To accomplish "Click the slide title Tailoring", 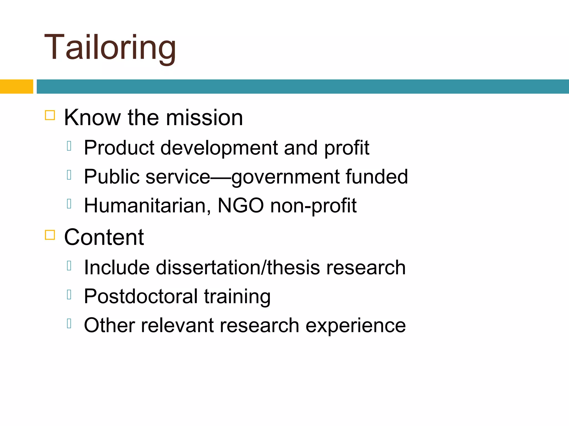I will click(x=110, y=47).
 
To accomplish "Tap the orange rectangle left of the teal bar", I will click(x=16, y=86).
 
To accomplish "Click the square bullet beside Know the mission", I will click(x=50, y=115).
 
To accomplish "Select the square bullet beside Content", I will click(x=50, y=235).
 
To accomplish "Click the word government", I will click(x=285, y=177).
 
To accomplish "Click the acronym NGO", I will click(x=241, y=206).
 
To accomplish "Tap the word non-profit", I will click(x=313, y=206).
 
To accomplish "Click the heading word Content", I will click(x=104, y=237).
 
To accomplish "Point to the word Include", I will click(x=117, y=267).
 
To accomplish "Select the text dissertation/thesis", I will click(x=238, y=267).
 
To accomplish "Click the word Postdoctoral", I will click(x=141, y=296).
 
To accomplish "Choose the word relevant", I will click(x=177, y=325).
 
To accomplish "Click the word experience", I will click(x=356, y=326).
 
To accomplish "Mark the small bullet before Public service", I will click(x=69, y=175).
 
